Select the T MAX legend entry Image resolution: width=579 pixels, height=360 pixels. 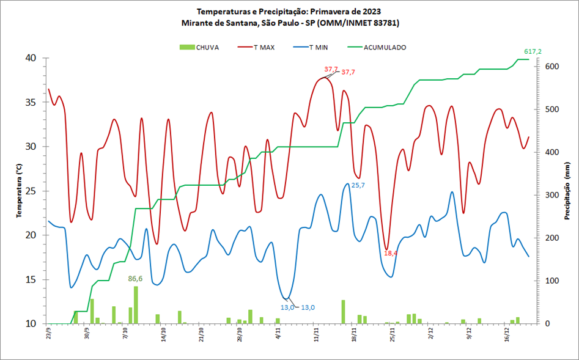(264, 47)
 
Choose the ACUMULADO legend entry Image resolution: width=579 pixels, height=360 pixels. (385, 47)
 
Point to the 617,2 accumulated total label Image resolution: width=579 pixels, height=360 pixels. (533, 51)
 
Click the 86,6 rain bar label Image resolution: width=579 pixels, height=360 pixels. (135, 279)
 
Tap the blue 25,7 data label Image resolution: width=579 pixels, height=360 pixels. (358, 185)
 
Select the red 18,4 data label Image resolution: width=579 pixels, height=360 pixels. (391, 253)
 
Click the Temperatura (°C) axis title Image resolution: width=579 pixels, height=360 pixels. (19, 190)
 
